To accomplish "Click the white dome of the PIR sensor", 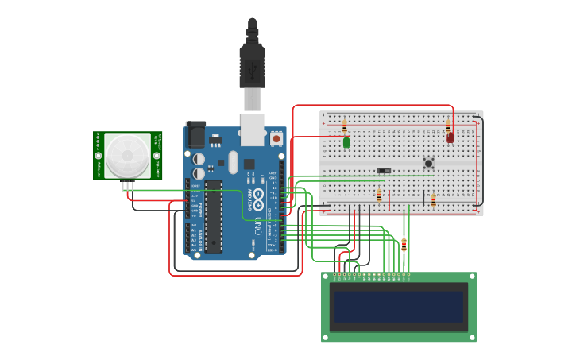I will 127,156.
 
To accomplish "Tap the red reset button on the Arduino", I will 276,138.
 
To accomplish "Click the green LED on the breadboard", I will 346,143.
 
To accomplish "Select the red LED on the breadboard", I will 450,137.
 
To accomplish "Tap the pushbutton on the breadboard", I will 428,164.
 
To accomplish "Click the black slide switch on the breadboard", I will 385,171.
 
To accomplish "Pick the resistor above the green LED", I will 344,126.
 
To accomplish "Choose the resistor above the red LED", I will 448,126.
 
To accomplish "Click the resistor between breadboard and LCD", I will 404,244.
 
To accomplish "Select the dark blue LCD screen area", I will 398,307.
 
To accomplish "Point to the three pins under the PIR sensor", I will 128,186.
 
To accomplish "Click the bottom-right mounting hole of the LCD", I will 470,336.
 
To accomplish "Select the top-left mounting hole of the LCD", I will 327,277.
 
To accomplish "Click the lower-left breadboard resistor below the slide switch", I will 379,195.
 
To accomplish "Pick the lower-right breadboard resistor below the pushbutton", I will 433,200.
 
